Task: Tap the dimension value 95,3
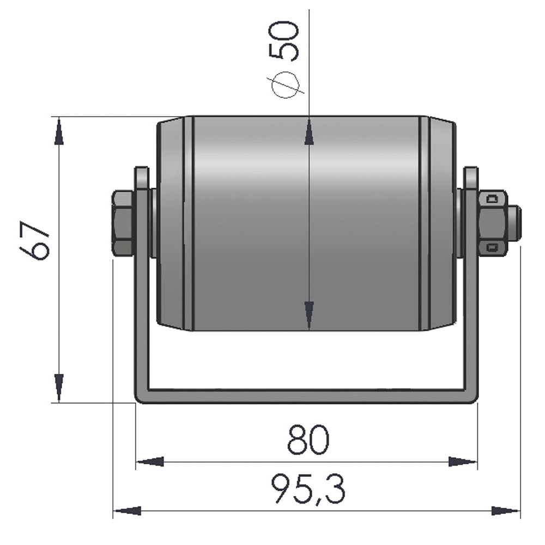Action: [308, 489]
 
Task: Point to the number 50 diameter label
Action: [286, 40]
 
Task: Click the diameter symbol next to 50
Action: [286, 85]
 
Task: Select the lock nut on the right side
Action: [492, 223]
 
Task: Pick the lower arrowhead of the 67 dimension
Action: [59, 387]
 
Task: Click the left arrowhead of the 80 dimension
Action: [150, 462]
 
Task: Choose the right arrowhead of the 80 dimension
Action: [462, 462]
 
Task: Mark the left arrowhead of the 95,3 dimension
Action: [128, 511]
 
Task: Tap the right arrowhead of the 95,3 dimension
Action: [505, 511]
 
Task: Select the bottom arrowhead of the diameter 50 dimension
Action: [309, 315]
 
